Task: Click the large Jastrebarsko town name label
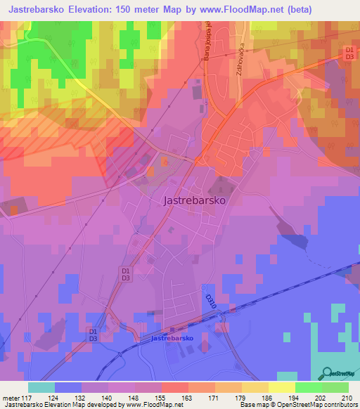click(x=193, y=200)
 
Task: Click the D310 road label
click(x=209, y=299)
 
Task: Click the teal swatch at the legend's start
click(x=41, y=387)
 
